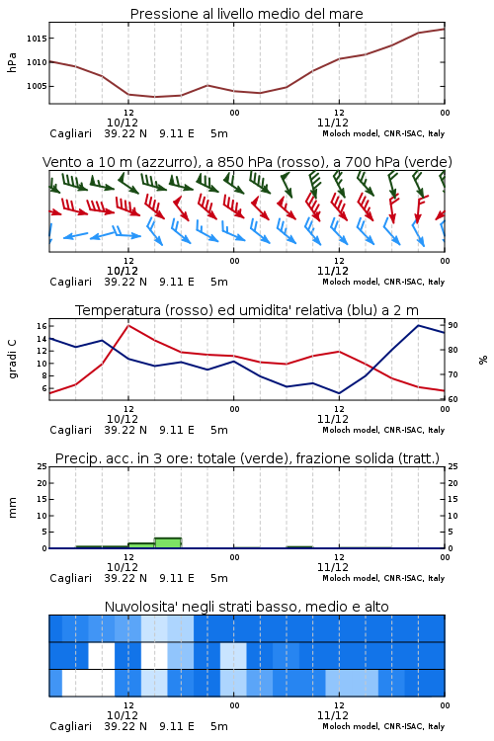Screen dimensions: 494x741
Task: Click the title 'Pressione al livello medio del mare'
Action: [x=246, y=14]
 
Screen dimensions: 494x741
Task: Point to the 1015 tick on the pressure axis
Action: [x=37, y=39]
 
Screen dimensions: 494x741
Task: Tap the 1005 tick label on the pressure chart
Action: [x=37, y=86]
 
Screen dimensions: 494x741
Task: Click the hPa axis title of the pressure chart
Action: [x=12, y=62]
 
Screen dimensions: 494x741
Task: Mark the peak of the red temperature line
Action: [x=128, y=325]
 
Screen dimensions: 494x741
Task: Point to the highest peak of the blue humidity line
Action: [x=418, y=325]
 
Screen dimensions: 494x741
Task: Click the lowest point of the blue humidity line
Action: [x=339, y=393]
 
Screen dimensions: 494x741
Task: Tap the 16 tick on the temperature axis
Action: [x=41, y=326]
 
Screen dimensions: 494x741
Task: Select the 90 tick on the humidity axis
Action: [x=453, y=325]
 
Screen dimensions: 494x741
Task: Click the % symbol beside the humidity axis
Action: [x=483, y=360]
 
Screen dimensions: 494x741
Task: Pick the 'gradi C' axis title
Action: [x=12, y=359]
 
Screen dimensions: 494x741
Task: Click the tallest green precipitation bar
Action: [x=168, y=543]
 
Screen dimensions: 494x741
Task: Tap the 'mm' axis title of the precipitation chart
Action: [x=12, y=508]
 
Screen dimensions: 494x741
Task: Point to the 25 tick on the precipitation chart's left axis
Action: [x=41, y=466]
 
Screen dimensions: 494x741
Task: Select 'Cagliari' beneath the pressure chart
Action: [x=70, y=133]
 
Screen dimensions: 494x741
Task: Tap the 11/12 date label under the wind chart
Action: [x=333, y=271]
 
